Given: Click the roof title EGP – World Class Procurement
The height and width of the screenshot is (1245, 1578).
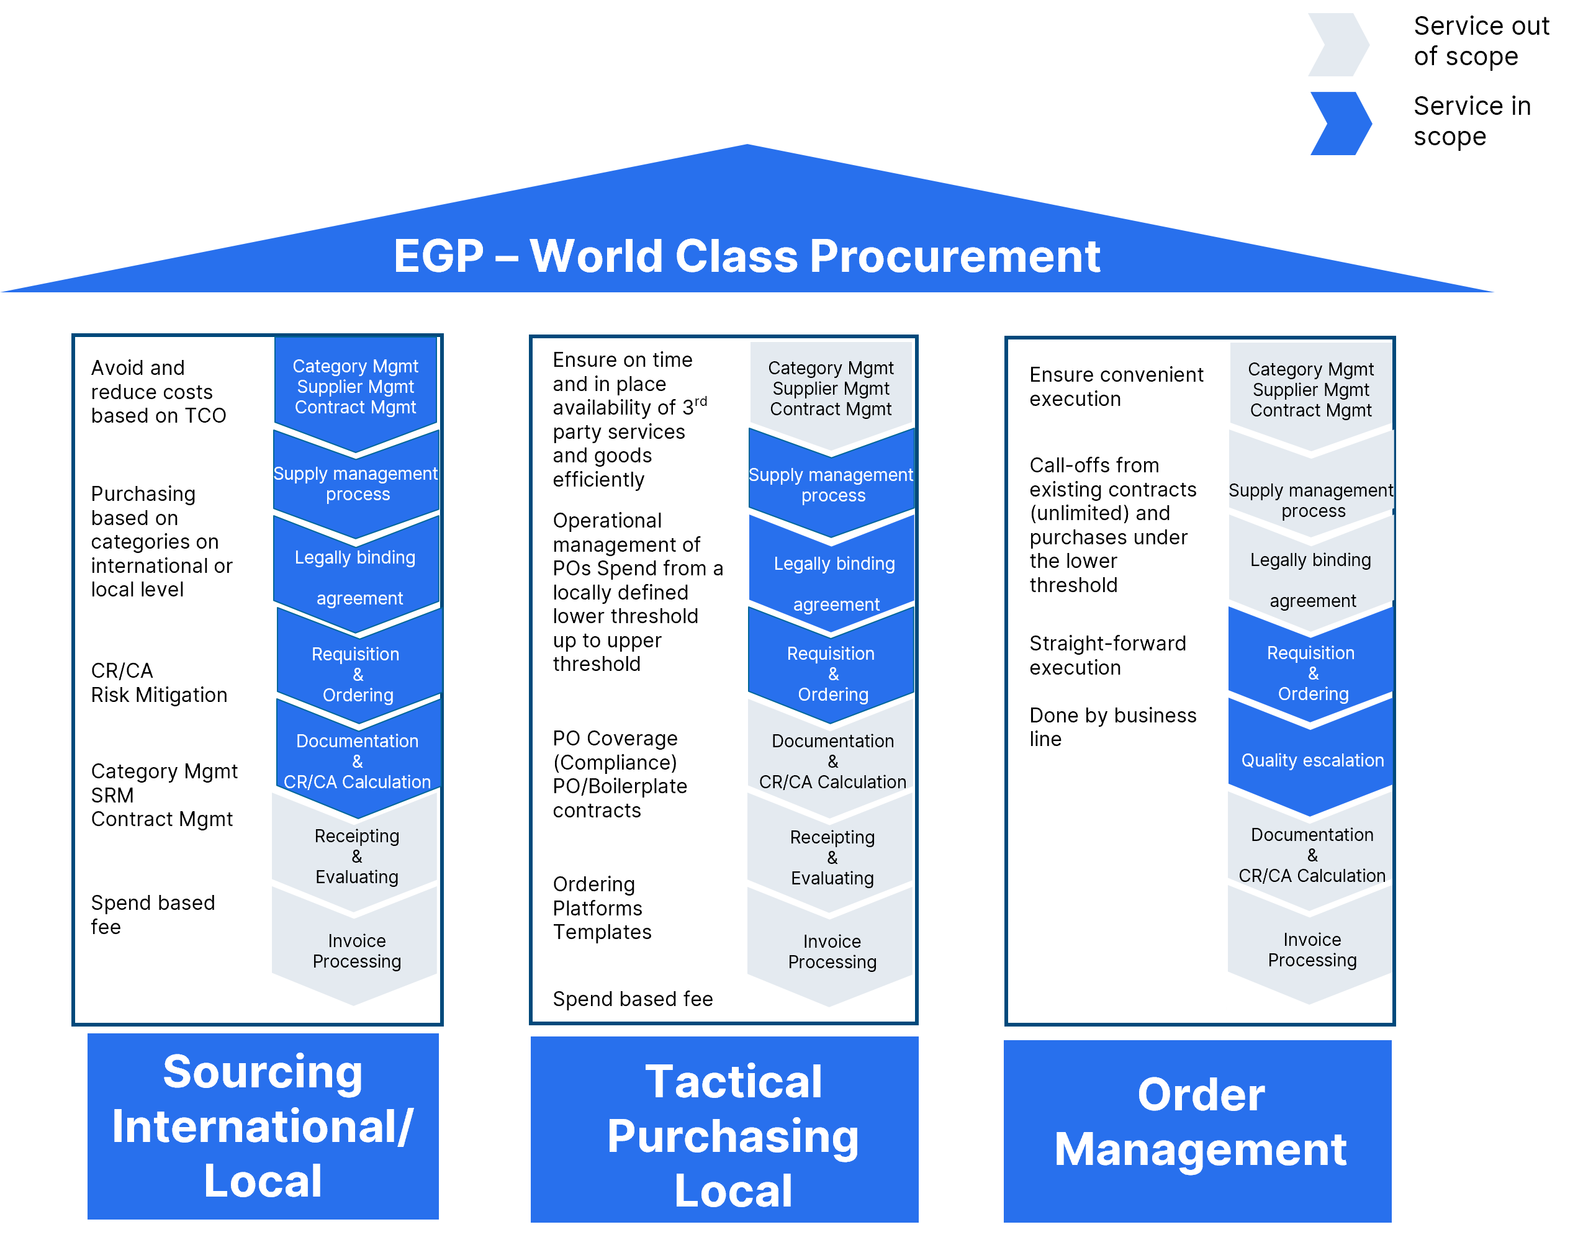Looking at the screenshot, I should pos(746,256).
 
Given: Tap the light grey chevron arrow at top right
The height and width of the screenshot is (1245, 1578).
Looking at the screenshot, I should pos(1338,45).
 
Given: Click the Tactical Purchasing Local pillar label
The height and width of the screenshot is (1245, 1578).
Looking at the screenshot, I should pos(733,1135).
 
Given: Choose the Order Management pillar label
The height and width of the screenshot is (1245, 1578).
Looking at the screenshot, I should pos(1200,1122).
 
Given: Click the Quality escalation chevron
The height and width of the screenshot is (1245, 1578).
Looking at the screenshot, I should pos(1312,760).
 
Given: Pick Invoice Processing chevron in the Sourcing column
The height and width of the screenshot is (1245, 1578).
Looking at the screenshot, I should pos(356,951).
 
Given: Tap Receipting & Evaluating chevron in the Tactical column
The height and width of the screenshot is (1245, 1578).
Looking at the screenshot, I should pos(832,857).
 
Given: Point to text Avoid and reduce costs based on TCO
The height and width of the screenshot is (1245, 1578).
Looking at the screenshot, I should pos(158,392).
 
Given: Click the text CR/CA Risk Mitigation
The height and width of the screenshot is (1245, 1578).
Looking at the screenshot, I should pos(158,682).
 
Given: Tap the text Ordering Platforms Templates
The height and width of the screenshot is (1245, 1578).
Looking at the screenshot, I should pos(602,907).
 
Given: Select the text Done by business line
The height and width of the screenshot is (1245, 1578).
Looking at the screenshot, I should pos(1112,727).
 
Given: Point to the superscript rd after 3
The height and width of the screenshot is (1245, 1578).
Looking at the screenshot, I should pos(700,402).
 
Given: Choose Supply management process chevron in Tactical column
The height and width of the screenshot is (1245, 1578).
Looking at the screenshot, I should pos(831,485).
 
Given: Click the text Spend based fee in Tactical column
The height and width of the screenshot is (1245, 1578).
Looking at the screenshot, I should pos(632,999).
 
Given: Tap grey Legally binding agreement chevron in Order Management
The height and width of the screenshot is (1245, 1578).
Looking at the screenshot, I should pos(1310,580).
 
